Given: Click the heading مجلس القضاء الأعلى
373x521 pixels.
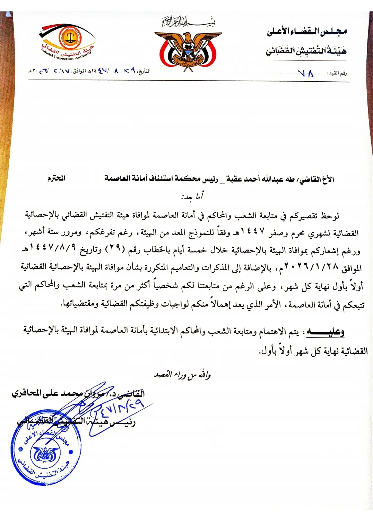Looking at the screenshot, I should pos(306,31).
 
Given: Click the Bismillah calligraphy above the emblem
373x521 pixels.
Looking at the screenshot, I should pos(188,22).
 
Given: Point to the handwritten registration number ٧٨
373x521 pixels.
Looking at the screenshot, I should pos(306,73).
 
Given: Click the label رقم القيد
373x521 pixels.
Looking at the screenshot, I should pos(338,73).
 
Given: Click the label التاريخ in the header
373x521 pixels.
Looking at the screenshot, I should pos(144,72).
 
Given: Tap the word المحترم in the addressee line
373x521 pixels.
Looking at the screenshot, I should pos(56,179).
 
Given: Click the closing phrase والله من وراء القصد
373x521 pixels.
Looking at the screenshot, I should pos(183,375).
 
